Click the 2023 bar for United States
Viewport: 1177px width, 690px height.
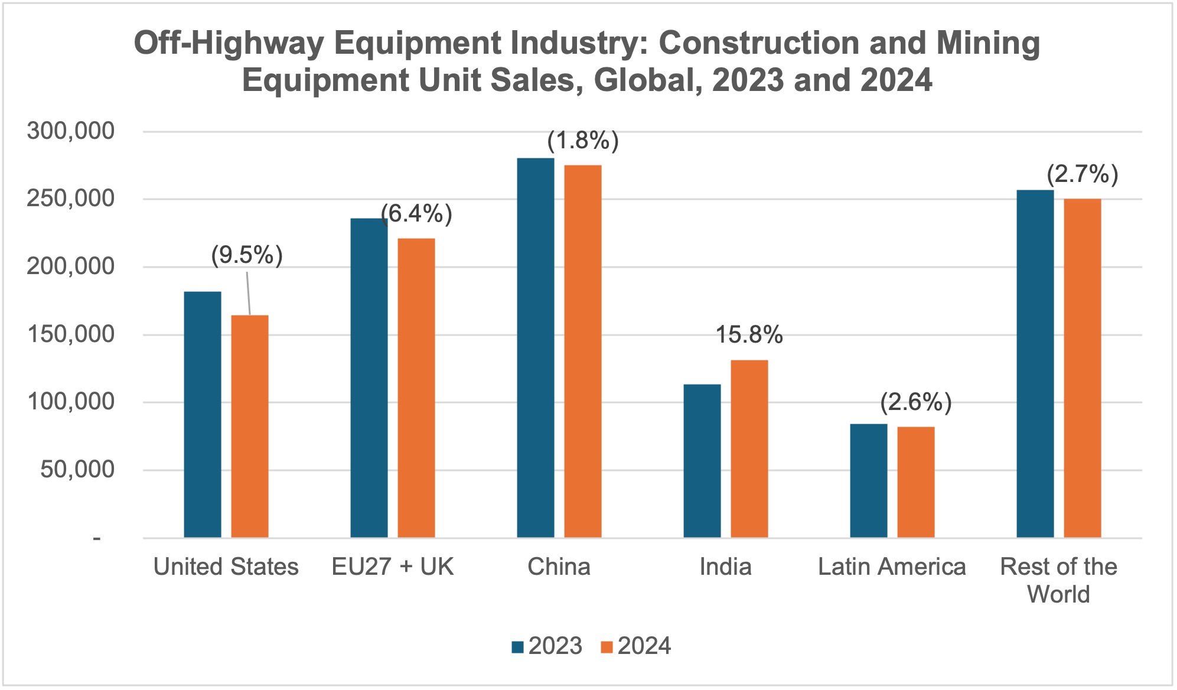click(203, 414)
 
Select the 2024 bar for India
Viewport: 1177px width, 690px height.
click(749, 448)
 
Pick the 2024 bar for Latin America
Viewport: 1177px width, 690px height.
click(916, 481)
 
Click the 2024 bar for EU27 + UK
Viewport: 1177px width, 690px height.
click(416, 388)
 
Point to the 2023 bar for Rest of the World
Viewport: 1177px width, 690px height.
click(1035, 363)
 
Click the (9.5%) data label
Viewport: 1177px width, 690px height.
click(247, 255)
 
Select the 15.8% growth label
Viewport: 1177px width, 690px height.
click(749, 335)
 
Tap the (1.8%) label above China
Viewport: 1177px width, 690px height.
click(583, 141)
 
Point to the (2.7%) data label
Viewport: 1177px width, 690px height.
click(1082, 174)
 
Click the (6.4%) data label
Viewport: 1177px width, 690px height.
click(417, 213)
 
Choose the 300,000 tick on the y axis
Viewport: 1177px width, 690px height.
click(71, 131)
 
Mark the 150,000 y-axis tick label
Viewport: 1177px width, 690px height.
click(71, 334)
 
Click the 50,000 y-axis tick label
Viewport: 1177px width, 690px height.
click(77, 470)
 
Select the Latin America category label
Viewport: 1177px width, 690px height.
click(892, 567)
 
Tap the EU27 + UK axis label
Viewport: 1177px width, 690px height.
click(393, 567)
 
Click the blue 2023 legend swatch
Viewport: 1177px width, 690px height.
click(518, 647)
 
